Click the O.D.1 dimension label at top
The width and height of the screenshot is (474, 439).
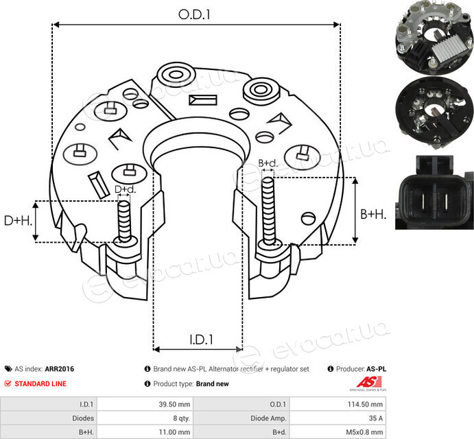194,14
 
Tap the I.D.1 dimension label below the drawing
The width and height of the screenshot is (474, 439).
201,340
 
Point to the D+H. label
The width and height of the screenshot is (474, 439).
18,221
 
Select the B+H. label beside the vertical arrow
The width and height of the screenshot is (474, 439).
373,215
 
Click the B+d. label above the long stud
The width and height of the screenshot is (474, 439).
268,163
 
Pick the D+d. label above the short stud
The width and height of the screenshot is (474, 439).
125,189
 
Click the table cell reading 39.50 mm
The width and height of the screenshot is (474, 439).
174,404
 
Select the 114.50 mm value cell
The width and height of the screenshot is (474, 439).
365,404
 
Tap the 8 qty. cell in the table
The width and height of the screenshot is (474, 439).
181,418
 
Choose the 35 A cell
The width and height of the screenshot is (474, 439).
376,418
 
